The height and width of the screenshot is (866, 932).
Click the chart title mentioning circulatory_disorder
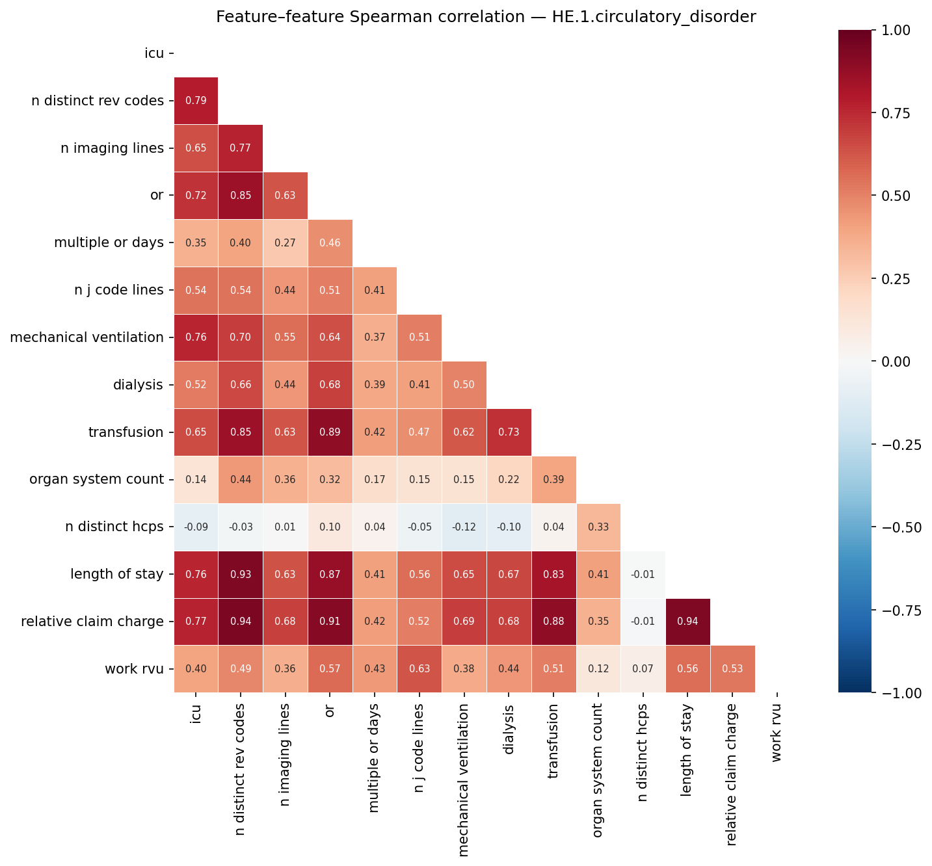pos(486,17)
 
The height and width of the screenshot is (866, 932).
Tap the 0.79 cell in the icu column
pos(196,101)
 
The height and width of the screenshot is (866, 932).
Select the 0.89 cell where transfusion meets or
pos(330,432)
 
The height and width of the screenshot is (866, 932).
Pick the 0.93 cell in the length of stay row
pos(241,574)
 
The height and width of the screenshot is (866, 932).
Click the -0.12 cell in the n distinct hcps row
pos(464,527)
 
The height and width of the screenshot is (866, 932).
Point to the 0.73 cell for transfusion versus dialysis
pos(509,432)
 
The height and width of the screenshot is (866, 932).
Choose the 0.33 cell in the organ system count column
pos(598,527)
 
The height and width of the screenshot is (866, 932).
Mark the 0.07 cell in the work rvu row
pos(643,669)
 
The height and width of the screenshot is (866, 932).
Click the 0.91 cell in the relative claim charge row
pos(330,622)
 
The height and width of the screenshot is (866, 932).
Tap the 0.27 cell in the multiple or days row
pos(285,243)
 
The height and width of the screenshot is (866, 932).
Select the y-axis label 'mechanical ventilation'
pos(87,337)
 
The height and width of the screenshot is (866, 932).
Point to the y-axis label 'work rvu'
pos(134,669)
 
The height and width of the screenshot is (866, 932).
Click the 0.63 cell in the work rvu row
pos(419,669)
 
